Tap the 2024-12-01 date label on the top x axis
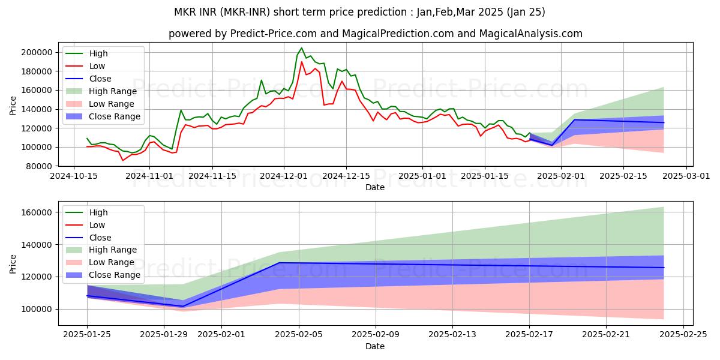[284, 176]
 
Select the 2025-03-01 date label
[686, 176]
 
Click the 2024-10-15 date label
[74, 176]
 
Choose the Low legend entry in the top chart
[97, 66]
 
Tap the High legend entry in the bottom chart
[98, 212]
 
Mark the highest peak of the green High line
[301, 48]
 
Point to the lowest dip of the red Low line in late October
[123, 160]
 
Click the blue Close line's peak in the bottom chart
[279, 263]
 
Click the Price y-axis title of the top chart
[13, 105]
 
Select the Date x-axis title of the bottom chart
[375, 346]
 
